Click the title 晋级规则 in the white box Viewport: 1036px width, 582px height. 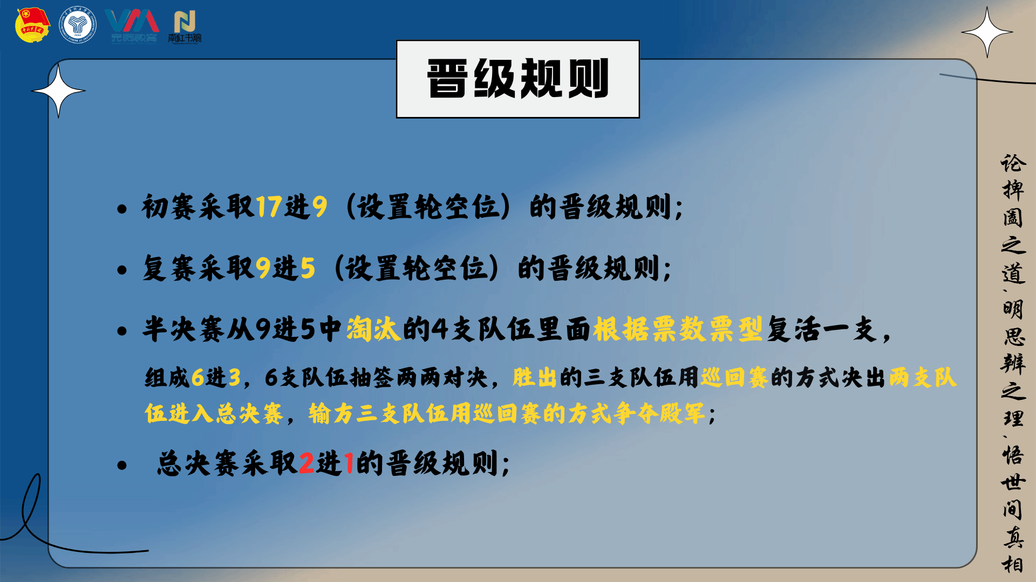pos(518,79)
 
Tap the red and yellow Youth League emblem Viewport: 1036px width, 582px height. pos(33,24)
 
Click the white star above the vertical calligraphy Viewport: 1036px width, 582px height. pos(987,32)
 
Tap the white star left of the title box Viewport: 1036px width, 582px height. pos(58,91)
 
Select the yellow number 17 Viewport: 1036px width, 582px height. pos(269,206)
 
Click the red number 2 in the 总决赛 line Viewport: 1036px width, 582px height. pos(306,463)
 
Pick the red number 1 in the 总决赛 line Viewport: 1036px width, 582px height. pos(349,463)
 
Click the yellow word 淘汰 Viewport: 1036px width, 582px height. pos(373,329)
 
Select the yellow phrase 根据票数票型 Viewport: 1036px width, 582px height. pos(678,329)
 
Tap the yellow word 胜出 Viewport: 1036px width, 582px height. pos(534,377)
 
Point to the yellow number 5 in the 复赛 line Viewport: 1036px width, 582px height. pos(308,268)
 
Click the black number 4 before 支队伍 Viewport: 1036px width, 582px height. pos(440,329)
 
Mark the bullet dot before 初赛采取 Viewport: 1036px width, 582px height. pos(122,209)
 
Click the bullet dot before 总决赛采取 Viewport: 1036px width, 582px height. pos(122,465)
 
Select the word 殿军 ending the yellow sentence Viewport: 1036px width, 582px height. pos(682,414)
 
